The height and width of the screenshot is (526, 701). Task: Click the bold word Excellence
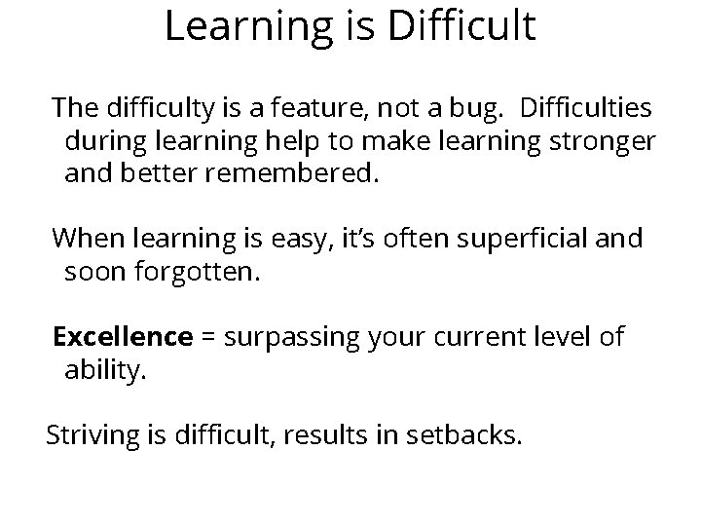pyautogui.click(x=123, y=336)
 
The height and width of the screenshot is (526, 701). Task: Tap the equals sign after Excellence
pyautogui.click(x=206, y=337)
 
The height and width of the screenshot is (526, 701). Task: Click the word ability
pyautogui.click(x=105, y=372)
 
